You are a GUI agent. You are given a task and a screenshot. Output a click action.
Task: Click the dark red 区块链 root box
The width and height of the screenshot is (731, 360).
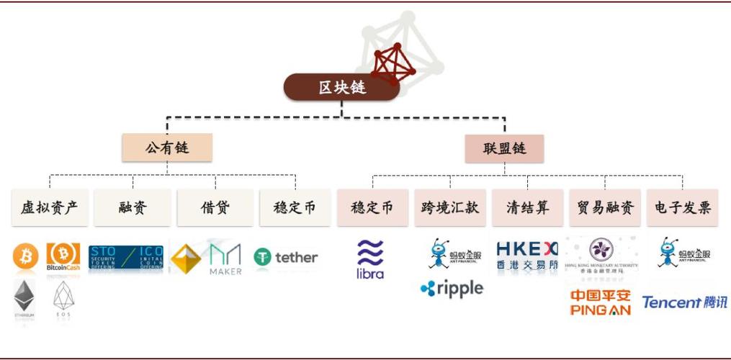[341, 87]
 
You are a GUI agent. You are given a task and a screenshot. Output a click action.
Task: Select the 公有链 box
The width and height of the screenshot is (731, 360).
[167, 148]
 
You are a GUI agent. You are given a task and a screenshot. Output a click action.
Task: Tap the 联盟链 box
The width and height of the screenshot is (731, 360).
[504, 148]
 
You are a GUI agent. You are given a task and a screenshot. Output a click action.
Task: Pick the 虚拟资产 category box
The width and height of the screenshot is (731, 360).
[49, 208]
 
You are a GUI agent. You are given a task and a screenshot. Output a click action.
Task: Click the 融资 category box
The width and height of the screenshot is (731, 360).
[133, 208]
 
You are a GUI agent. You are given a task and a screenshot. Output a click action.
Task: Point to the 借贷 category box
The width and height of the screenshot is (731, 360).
[215, 208]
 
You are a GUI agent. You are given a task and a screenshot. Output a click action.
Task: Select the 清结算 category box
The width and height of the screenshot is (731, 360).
[527, 208]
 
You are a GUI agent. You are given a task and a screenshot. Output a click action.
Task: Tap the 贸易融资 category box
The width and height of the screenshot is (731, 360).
[605, 208]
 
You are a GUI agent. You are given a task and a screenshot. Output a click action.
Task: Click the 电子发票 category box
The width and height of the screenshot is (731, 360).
[682, 208]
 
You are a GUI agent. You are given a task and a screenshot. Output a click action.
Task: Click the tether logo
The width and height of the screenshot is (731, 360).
[286, 257]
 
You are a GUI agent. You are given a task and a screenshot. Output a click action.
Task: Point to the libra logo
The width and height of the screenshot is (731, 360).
[370, 260]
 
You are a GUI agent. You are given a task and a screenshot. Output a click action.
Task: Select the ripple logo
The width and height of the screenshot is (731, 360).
[452, 288]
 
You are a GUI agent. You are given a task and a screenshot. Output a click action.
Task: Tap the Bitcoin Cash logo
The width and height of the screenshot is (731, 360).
[63, 258]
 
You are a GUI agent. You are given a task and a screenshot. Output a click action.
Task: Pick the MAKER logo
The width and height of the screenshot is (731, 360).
[225, 258]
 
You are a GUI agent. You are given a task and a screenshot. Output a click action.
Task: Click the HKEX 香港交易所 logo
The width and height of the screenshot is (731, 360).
[527, 255]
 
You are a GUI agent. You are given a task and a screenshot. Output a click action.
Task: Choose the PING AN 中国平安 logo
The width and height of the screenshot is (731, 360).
[600, 302]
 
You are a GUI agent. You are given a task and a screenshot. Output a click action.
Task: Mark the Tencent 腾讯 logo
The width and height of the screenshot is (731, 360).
[684, 302]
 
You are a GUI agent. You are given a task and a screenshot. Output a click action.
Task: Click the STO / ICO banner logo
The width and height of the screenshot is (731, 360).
[126, 258]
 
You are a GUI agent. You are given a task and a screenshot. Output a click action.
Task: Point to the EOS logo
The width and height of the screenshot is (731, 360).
[63, 300]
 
